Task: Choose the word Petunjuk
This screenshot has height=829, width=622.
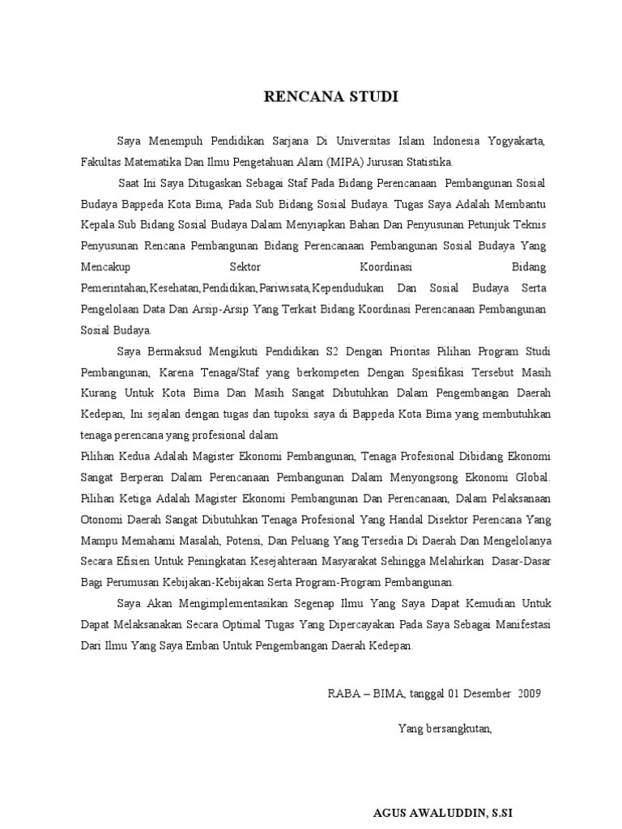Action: click(446, 223)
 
